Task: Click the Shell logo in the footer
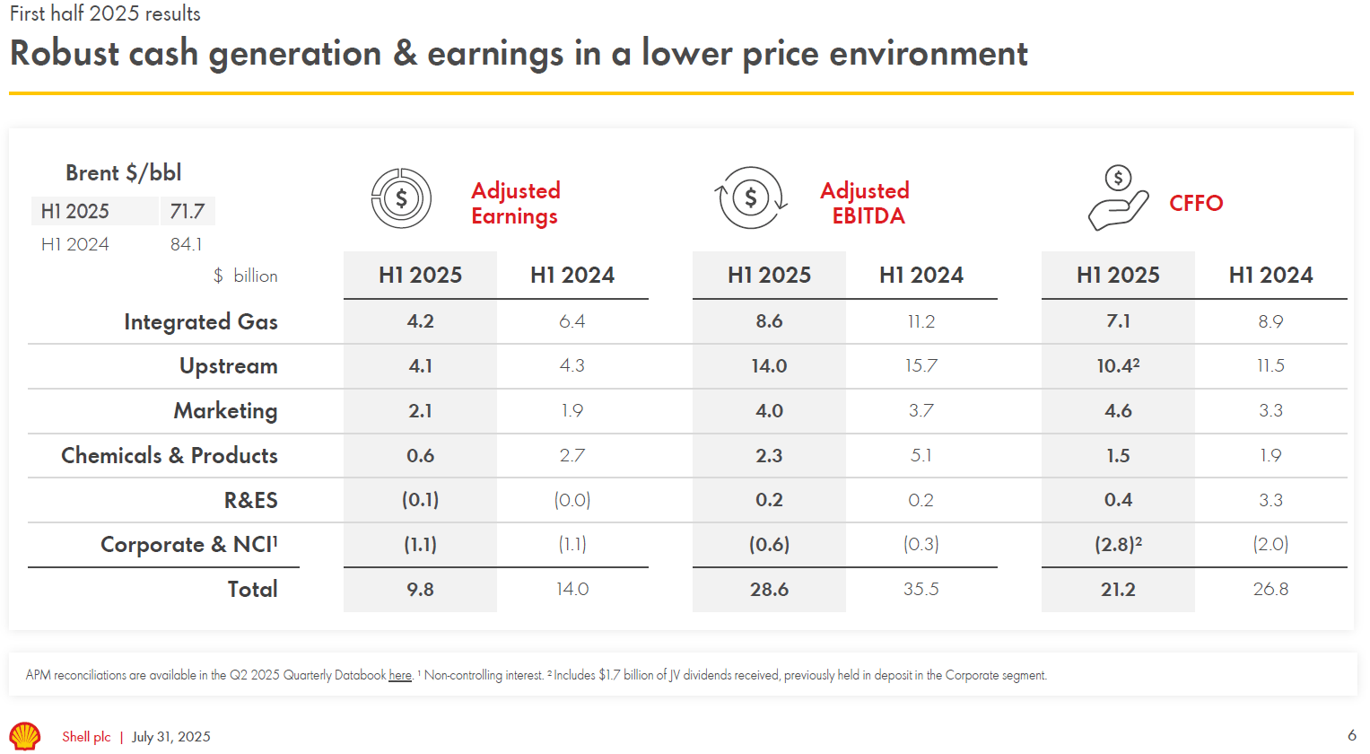[x=25, y=736]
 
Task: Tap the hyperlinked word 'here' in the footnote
[x=400, y=675]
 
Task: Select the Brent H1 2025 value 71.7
[x=188, y=211]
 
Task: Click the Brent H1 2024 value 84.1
[x=186, y=244]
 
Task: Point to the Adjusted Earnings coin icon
[x=401, y=198]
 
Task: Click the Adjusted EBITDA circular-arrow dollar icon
[x=751, y=197]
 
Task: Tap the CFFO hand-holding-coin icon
[x=1117, y=198]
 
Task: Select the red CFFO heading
[x=1196, y=203]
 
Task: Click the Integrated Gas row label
[x=201, y=321]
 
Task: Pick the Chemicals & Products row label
[x=170, y=455]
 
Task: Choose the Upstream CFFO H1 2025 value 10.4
[x=1117, y=365]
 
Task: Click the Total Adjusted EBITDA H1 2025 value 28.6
[x=769, y=589]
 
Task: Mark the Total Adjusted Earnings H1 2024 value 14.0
[x=572, y=589]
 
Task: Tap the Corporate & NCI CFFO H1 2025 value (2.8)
[x=1117, y=544]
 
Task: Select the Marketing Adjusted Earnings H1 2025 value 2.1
[x=420, y=410]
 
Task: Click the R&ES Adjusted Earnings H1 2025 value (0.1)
[x=420, y=499]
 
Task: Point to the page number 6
[x=1351, y=735]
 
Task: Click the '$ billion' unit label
[x=246, y=276]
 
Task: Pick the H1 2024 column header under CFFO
[x=1270, y=275]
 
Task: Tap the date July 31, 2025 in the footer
[x=171, y=737]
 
